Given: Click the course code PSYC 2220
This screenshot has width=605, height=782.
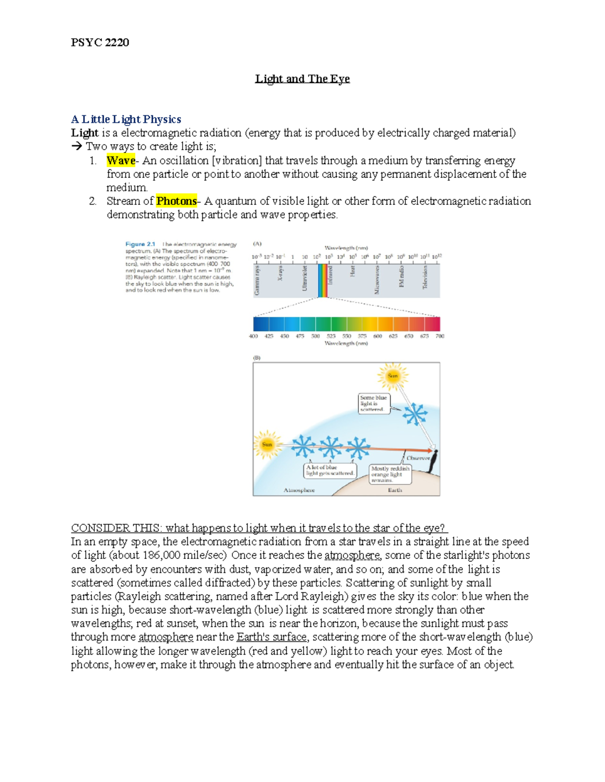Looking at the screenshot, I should pyautogui.click(x=100, y=42).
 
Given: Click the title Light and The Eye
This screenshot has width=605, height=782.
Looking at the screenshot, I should pyautogui.click(x=302, y=79).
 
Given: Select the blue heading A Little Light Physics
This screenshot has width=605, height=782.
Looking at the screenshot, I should pyautogui.click(x=126, y=119).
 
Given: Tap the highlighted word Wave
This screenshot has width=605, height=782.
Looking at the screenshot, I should pyautogui.click(x=120, y=161).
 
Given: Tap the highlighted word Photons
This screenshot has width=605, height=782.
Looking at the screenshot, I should pyautogui.click(x=176, y=201).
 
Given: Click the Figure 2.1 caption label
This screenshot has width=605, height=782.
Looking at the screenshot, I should pyautogui.click(x=140, y=244).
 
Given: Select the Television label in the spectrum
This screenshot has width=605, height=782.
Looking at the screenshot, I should pyautogui.click(x=425, y=277).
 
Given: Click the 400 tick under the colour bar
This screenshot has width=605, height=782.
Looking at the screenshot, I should pyautogui.click(x=254, y=336).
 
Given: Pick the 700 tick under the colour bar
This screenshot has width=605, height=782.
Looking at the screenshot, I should pyautogui.click(x=440, y=336).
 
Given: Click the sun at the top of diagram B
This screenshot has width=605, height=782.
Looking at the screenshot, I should pyautogui.click(x=392, y=376).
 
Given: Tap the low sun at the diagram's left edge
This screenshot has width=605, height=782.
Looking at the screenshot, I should pyautogui.click(x=267, y=444).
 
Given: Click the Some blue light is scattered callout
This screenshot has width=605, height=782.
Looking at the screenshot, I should pyautogui.click(x=374, y=403).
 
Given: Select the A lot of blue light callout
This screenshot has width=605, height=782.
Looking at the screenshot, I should pyautogui.click(x=330, y=470).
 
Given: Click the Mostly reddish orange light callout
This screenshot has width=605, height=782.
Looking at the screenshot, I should pyautogui.click(x=390, y=474).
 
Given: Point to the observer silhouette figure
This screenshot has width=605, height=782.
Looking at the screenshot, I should pyautogui.click(x=433, y=461).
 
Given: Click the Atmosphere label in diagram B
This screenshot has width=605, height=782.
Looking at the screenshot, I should pyautogui.click(x=299, y=490).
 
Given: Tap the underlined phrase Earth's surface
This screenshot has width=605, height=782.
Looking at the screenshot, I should pyautogui.click(x=271, y=637).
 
